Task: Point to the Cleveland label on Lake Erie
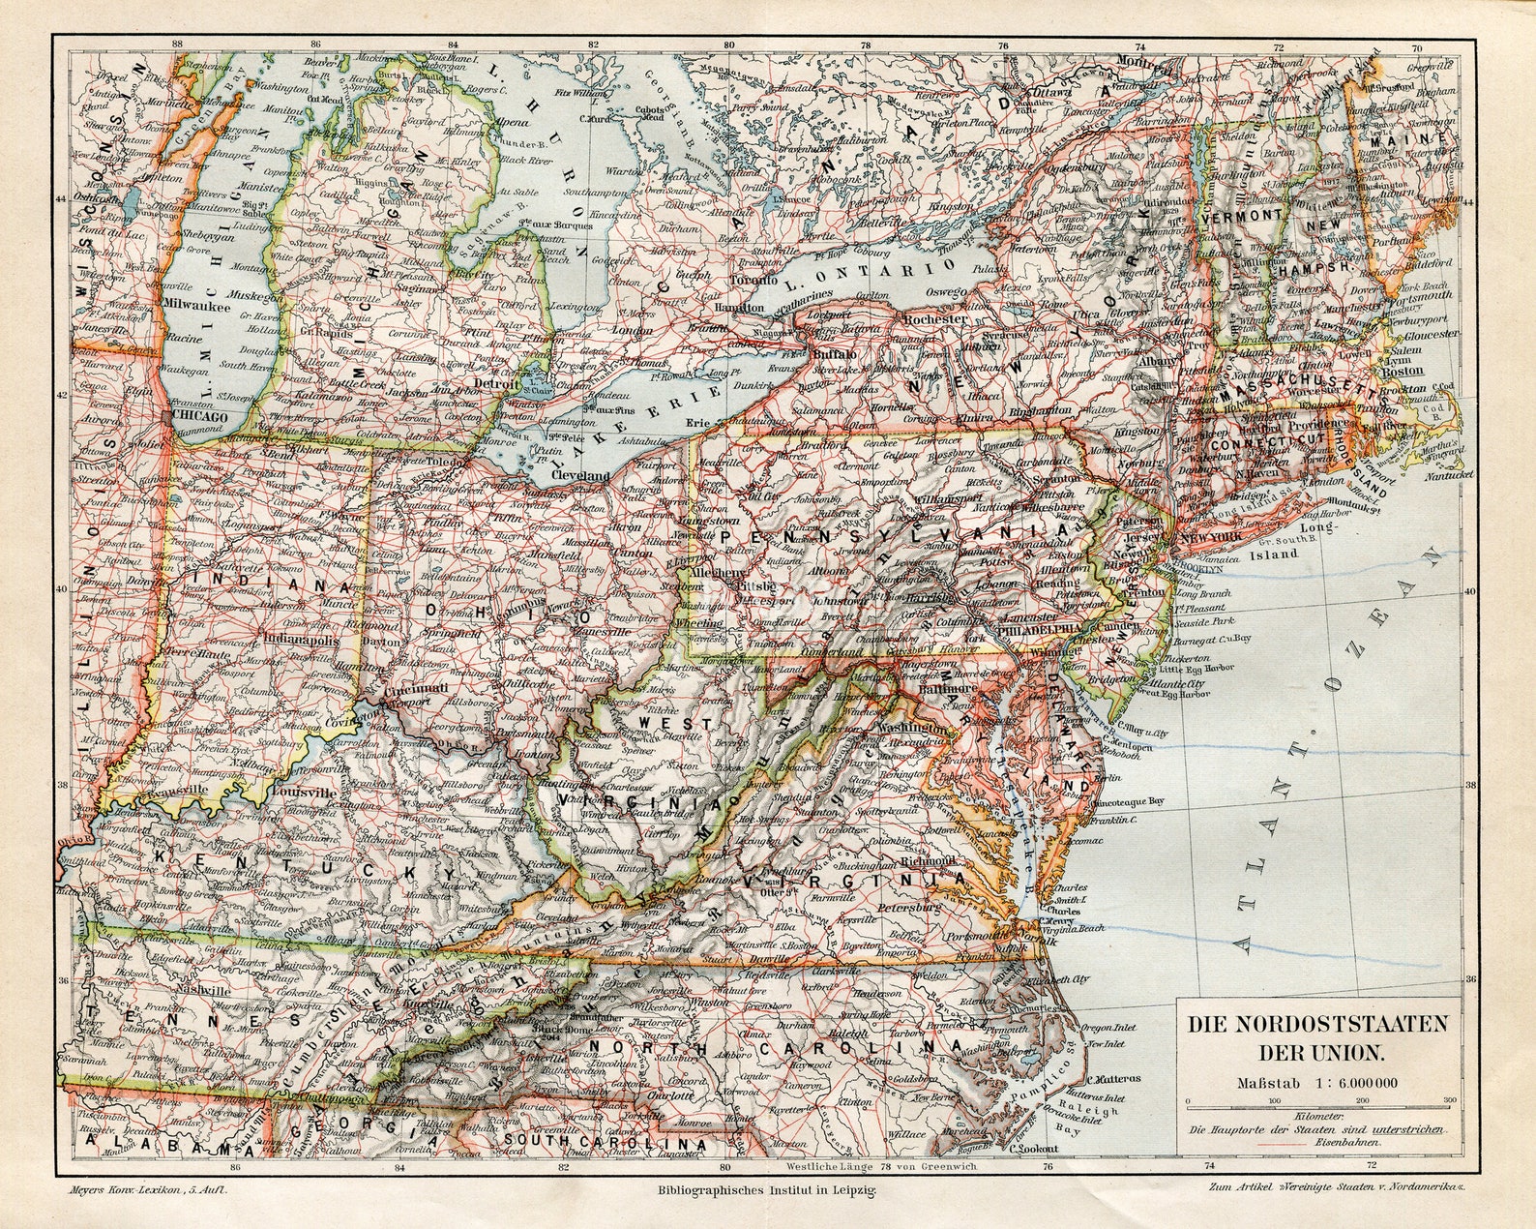click(580, 476)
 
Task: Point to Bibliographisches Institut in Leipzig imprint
click(767, 1191)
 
